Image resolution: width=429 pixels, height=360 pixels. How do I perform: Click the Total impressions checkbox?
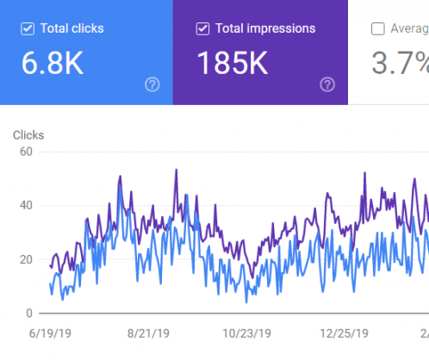point(202,29)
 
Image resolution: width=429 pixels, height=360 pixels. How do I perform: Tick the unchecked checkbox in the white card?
point(377,29)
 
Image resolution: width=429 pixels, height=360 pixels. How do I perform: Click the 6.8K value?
point(53,63)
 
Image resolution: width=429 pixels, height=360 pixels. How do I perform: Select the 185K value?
point(233,63)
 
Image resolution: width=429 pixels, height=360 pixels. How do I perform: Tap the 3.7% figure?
point(399,63)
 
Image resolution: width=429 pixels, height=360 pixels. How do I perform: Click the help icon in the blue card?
point(152,84)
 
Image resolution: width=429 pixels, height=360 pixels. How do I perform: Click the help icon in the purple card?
point(327,84)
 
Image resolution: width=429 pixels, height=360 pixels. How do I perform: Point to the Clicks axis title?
point(28,134)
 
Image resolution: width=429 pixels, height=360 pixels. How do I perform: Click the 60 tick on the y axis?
point(25,152)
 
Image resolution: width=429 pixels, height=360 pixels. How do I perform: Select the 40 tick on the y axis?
point(25,205)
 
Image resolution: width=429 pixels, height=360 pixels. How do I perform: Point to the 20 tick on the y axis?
point(25,259)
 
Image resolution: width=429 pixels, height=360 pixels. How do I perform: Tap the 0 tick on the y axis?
point(28,313)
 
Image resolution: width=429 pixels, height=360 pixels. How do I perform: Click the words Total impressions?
point(265,29)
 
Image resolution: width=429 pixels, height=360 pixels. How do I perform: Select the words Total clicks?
point(72,29)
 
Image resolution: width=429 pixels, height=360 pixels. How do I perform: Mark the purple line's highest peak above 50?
point(176,170)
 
